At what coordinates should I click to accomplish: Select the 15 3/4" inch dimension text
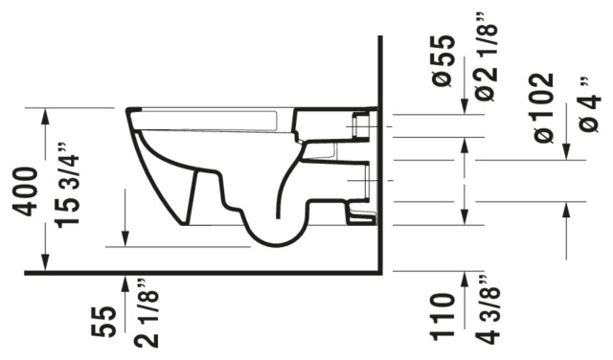(x=66, y=198)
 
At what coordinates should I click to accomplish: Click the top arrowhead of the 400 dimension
(x=45, y=114)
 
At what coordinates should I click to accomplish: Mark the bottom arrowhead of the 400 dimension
(x=45, y=265)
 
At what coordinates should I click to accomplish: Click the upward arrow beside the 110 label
(x=465, y=280)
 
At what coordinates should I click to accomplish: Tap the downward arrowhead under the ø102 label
(x=567, y=152)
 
